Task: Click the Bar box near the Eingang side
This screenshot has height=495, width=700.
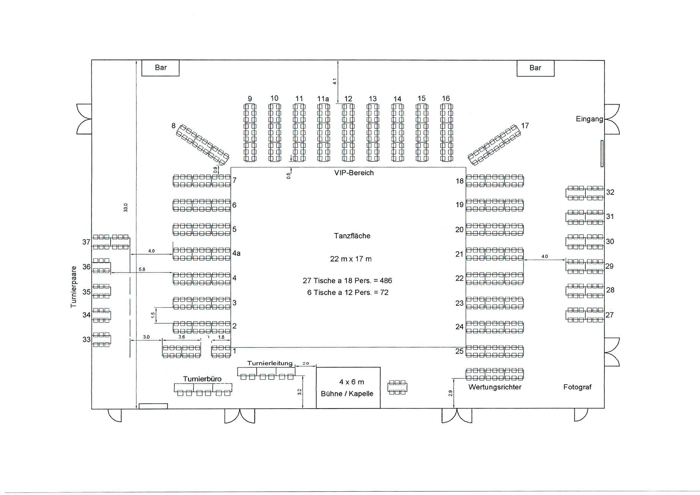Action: coord(535,68)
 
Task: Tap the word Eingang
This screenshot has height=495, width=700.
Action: coord(589,119)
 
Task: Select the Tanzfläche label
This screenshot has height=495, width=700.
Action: coord(352,236)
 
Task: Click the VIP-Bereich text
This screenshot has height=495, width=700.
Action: coord(354,173)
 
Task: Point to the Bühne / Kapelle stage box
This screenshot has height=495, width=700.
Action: coord(348,388)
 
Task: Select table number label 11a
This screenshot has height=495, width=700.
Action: coord(323,99)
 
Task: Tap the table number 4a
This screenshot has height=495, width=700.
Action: coord(237,253)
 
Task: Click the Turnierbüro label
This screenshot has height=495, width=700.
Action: coord(202,379)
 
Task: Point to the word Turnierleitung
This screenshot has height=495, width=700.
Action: coord(270,363)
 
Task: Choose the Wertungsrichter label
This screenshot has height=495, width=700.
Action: coord(495,387)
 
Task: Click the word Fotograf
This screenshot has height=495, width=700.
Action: coord(577,387)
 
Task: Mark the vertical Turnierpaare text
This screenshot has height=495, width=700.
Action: coord(73,287)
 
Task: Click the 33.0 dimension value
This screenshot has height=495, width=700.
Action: coord(126,207)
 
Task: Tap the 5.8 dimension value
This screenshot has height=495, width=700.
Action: coord(142,269)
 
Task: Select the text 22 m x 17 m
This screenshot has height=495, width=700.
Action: coord(351,259)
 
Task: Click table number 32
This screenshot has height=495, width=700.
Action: coord(610,192)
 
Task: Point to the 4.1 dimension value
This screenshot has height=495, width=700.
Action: coord(335,81)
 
